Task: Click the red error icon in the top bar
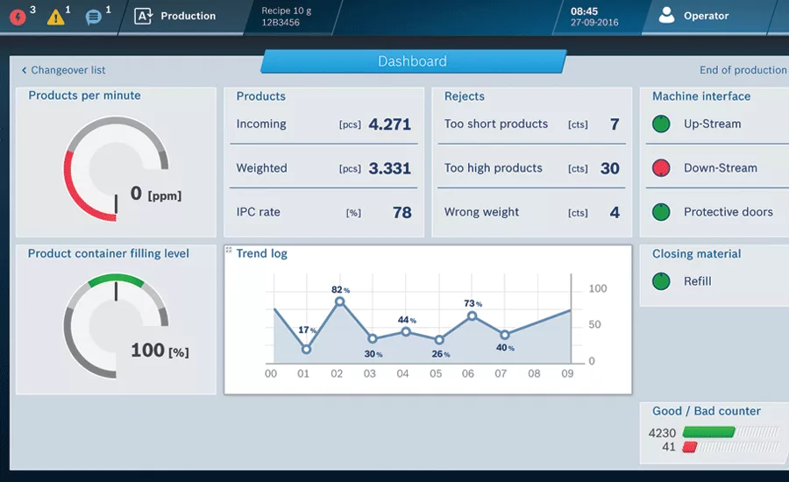point(18,18)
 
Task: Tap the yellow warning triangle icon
point(56,18)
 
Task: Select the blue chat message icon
point(94,18)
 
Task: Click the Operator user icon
point(666,15)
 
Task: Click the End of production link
point(743,70)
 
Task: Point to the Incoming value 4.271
point(389,124)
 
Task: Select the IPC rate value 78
point(402,212)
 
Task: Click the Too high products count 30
point(610,168)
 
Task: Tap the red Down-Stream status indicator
point(661,167)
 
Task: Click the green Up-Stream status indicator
point(661,124)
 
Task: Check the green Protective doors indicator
point(661,212)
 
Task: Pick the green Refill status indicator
point(661,281)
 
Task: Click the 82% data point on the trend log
point(339,301)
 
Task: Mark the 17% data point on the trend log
point(306,349)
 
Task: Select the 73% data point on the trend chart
point(472,316)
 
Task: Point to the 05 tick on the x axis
point(436,374)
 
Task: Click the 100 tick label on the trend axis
point(598,289)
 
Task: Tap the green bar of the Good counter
point(708,432)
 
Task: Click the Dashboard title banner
point(413,61)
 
